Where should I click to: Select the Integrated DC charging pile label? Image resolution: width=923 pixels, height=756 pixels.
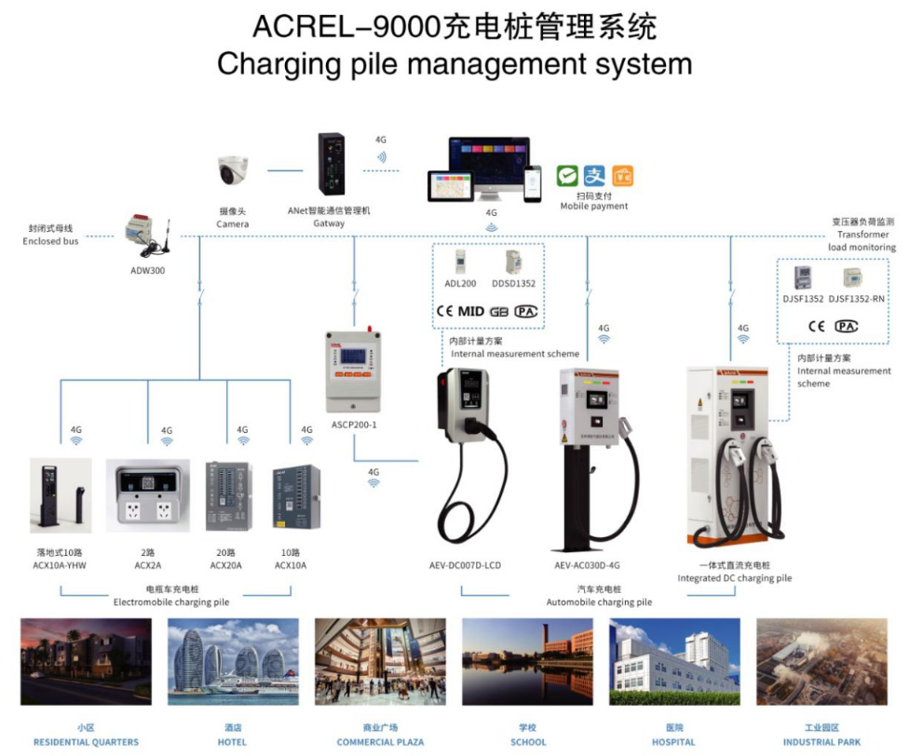(734, 578)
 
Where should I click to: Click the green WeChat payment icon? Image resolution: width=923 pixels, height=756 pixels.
(567, 175)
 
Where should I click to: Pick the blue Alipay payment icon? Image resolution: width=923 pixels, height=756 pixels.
(594, 175)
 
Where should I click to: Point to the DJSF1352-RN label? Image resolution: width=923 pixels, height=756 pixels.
(856, 299)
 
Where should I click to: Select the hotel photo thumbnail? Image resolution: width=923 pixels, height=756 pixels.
(233, 662)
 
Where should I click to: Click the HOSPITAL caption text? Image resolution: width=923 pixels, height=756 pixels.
(673, 742)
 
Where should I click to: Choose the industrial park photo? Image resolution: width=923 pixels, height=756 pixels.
(821, 662)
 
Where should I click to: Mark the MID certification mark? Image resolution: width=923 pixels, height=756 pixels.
(471, 311)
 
